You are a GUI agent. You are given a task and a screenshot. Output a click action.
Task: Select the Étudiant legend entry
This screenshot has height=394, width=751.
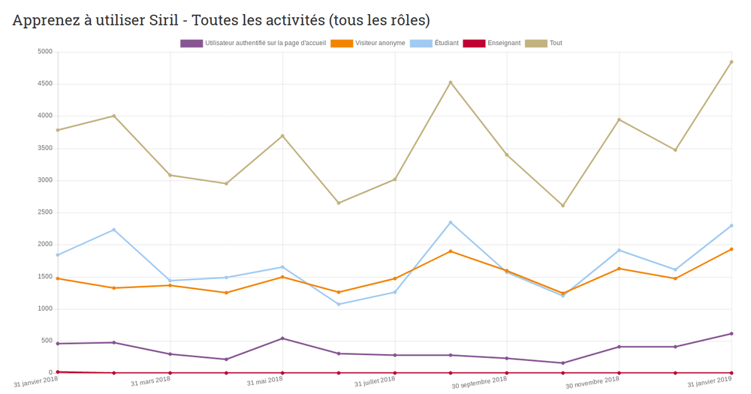tap(446, 44)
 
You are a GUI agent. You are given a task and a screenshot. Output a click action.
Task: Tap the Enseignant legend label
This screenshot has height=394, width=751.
tap(503, 44)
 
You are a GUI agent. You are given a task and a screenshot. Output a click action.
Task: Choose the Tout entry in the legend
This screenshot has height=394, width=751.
tap(555, 44)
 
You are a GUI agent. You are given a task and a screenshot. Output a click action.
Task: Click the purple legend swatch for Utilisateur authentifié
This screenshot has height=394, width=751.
tap(192, 44)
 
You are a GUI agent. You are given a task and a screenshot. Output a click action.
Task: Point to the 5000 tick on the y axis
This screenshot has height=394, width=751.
tap(44, 52)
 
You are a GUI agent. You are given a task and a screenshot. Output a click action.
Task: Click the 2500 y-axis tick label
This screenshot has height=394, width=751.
tap(44, 212)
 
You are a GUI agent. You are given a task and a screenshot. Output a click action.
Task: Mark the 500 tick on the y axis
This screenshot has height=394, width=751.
tap(47, 341)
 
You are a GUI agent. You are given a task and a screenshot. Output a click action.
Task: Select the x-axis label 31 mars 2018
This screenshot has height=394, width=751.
tap(150, 380)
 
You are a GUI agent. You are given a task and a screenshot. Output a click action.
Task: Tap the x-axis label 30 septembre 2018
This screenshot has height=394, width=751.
tap(479, 382)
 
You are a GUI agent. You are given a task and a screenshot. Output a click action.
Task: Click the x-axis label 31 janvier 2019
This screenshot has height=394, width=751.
tap(709, 381)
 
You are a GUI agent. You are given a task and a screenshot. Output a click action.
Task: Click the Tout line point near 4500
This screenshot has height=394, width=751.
tap(451, 83)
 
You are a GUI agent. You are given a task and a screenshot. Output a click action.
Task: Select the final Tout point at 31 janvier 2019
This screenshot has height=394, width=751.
tap(731, 62)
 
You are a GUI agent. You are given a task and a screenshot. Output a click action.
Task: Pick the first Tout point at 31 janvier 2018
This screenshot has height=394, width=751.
tap(58, 130)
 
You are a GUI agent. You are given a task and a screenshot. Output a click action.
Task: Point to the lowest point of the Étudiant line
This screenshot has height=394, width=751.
tap(339, 304)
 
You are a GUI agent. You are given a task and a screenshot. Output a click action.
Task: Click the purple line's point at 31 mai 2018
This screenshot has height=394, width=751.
tap(282, 338)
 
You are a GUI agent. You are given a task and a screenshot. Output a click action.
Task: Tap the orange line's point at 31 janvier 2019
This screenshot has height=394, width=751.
tap(731, 249)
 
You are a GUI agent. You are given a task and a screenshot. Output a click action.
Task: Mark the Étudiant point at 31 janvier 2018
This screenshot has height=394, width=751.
tap(58, 255)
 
